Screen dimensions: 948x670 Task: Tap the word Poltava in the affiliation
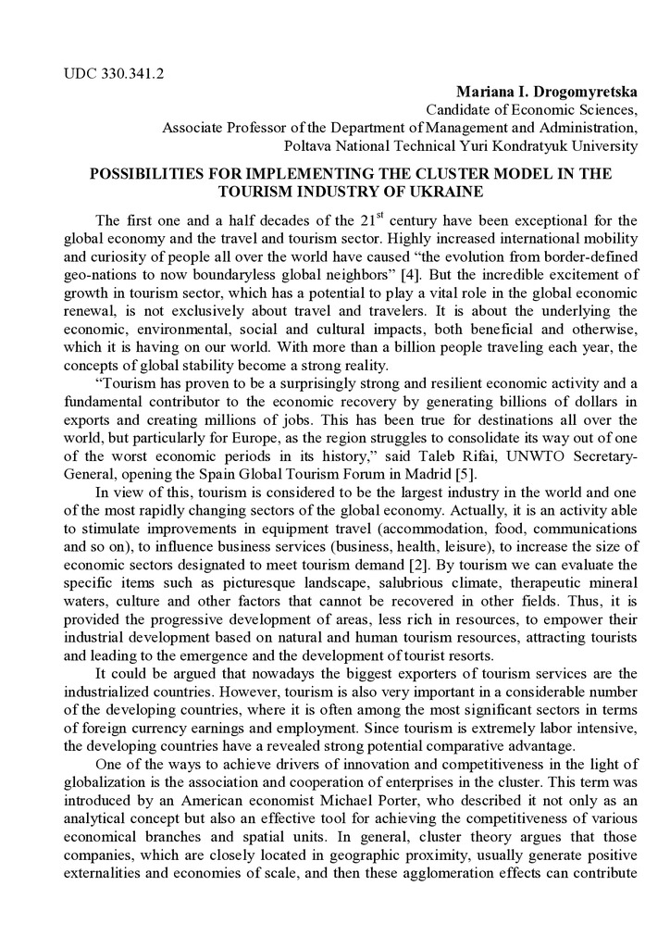(x=308, y=145)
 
